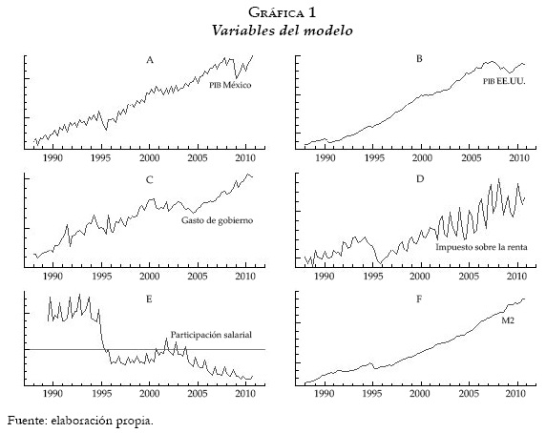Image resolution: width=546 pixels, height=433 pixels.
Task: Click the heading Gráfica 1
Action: (x=274, y=11)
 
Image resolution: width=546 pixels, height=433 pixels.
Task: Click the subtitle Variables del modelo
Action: (x=274, y=30)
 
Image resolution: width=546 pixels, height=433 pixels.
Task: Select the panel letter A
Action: (x=149, y=60)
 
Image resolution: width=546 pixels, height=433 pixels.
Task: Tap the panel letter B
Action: (x=419, y=60)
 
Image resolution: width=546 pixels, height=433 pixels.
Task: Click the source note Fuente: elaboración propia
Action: (x=80, y=420)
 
